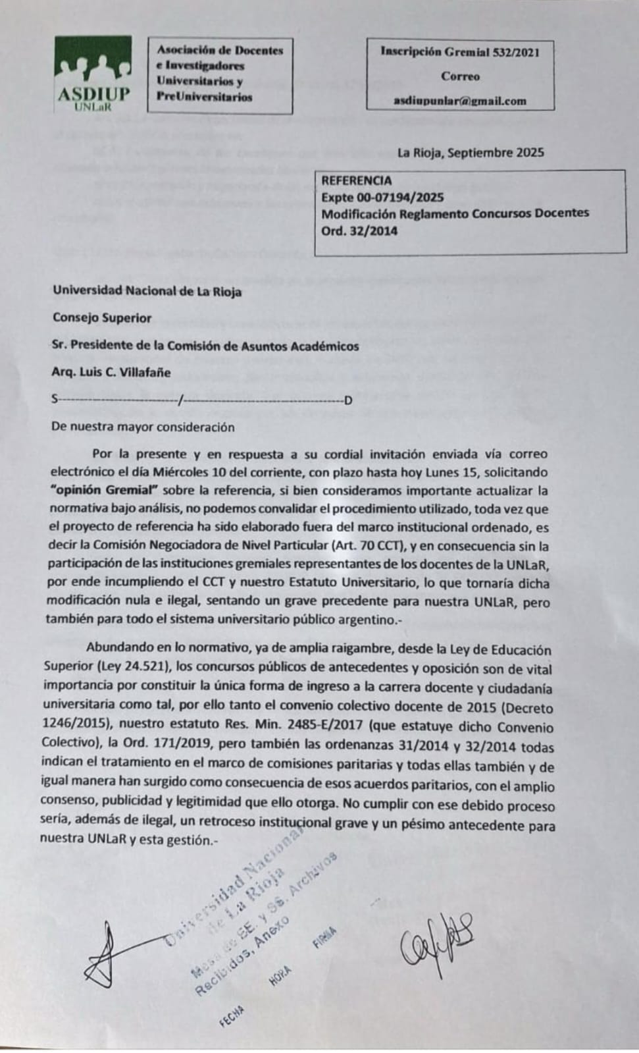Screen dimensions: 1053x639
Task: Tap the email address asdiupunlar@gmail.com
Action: [460, 101]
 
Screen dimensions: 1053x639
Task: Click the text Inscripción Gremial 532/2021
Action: [460, 52]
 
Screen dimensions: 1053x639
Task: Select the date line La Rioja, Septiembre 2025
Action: [471, 152]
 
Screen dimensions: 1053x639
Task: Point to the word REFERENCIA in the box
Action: [356, 180]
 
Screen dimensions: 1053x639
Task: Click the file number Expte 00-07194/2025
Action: [382, 197]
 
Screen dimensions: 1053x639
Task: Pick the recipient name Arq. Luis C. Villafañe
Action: [111, 372]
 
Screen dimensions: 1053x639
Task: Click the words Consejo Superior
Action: [102, 317]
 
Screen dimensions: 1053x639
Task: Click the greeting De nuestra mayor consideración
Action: [143, 427]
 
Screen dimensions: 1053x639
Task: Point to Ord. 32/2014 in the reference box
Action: [359, 230]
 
